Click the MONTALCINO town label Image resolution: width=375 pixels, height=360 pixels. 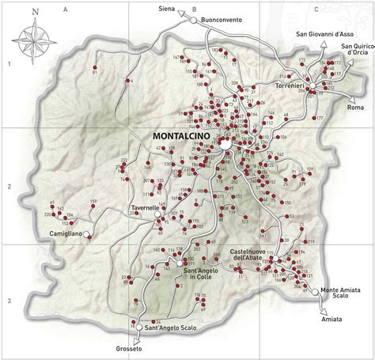(180, 135)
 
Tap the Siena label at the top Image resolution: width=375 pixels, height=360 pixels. (177, 9)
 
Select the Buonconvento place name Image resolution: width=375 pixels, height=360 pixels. (229, 19)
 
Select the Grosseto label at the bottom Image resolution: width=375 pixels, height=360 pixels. (127, 349)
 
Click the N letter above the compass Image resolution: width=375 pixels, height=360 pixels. (36, 12)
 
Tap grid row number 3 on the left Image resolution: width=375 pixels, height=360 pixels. (8, 300)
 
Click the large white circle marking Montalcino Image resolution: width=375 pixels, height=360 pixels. (225, 145)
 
